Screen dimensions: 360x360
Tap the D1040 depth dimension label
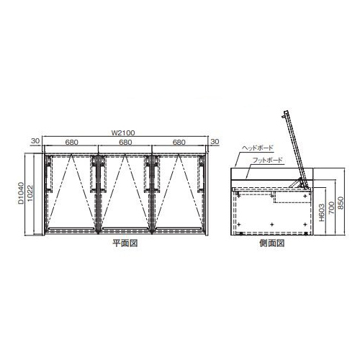(x=22, y=193)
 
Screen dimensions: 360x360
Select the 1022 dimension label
(x=30, y=194)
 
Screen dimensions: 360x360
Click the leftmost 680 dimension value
(x=71, y=143)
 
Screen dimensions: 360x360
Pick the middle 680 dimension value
(x=125, y=143)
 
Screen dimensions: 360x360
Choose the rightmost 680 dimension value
(x=179, y=143)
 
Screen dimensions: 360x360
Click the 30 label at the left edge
(x=35, y=141)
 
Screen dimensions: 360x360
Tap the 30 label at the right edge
(x=215, y=141)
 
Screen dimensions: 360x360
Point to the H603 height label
(x=322, y=212)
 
